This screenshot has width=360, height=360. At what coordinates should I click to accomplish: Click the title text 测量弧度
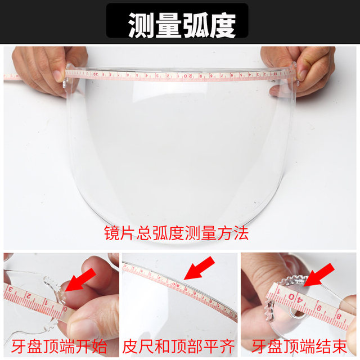point(180,23)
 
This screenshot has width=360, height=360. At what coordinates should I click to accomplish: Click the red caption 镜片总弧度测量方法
point(176,233)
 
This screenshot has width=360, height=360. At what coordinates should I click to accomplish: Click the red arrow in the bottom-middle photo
point(199,268)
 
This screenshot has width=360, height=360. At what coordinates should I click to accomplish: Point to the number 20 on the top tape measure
point(191,75)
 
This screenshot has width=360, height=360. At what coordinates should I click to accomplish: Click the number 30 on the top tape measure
point(95,73)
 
